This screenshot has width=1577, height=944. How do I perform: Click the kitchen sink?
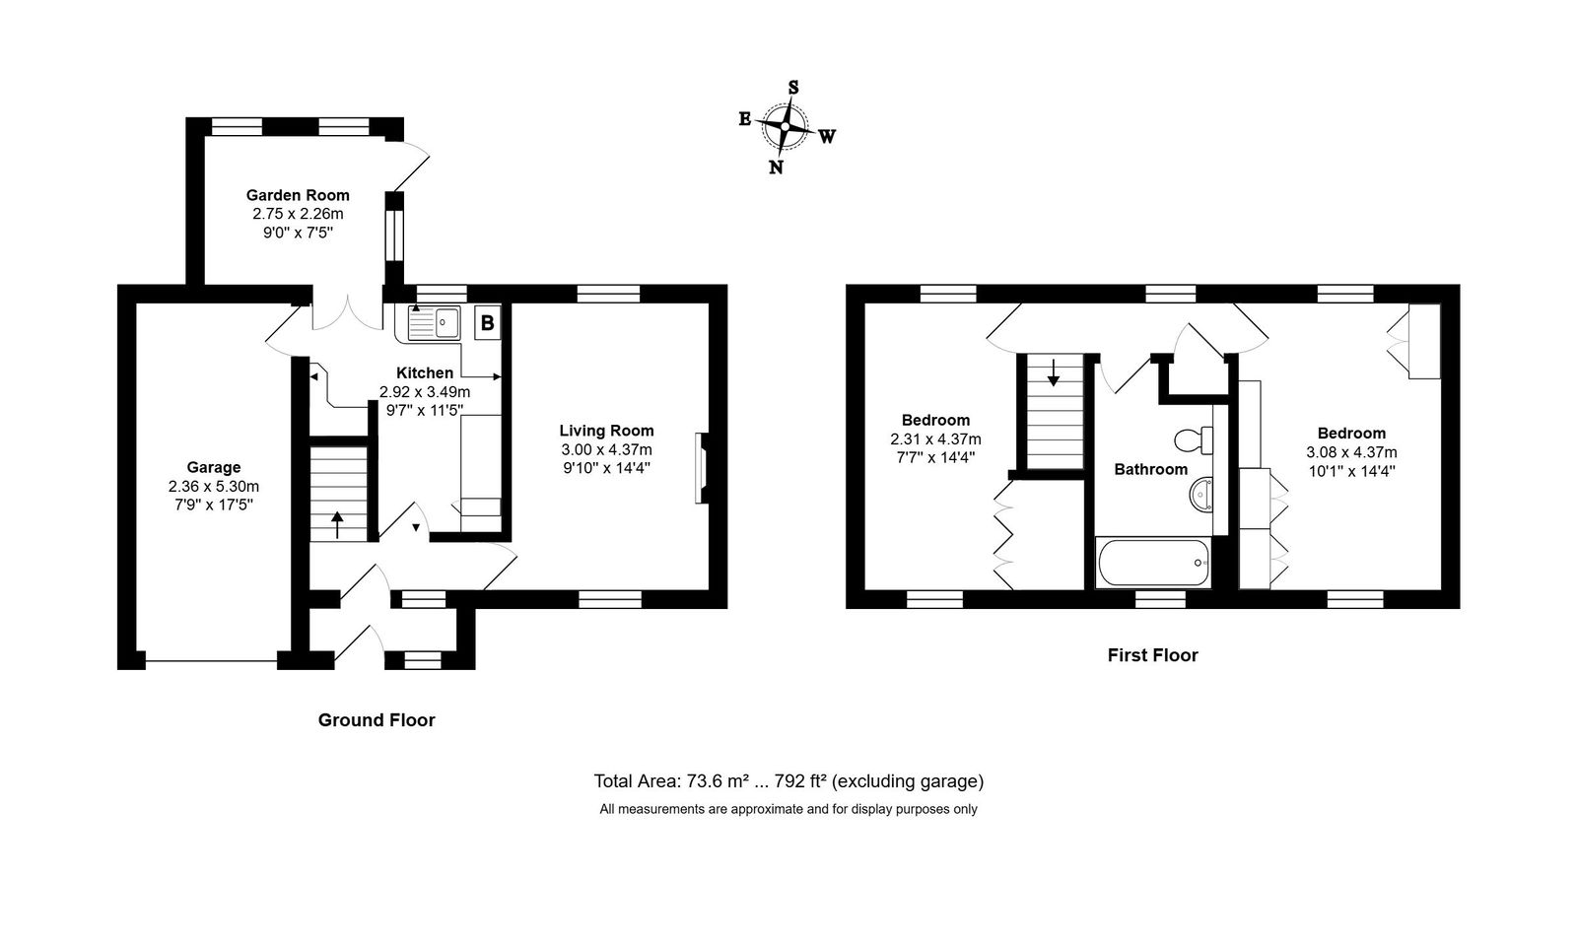[x=434, y=323]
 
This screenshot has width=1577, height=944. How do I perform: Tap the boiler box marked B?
[x=487, y=323]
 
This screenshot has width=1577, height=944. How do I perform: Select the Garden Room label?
[x=298, y=195]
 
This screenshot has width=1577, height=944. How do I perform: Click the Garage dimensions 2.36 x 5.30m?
[x=213, y=486]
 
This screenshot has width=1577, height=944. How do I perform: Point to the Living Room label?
[x=607, y=430]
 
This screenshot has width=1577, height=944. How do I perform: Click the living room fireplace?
[x=701, y=468]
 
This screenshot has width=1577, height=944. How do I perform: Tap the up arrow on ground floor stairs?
[x=337, y=524]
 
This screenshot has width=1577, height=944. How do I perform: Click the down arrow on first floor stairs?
[x=1054, y=372]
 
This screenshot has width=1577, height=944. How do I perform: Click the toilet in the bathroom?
[x=1194, y=440]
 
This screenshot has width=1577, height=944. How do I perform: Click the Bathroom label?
[x=1150, y=469]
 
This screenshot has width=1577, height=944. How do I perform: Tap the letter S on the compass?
[x=793, y=88]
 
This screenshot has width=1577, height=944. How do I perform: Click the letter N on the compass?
[x=776, y=167]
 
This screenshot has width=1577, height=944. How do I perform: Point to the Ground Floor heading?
[x=377, y=719]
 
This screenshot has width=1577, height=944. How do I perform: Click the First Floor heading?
[x=1152, y=655]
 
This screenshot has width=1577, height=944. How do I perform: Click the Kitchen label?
[x=425, y=372]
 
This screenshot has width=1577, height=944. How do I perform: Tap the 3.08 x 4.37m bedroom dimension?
[x=1351, y=452]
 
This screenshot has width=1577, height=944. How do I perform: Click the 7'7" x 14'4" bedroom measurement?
[x=935, y=457]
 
